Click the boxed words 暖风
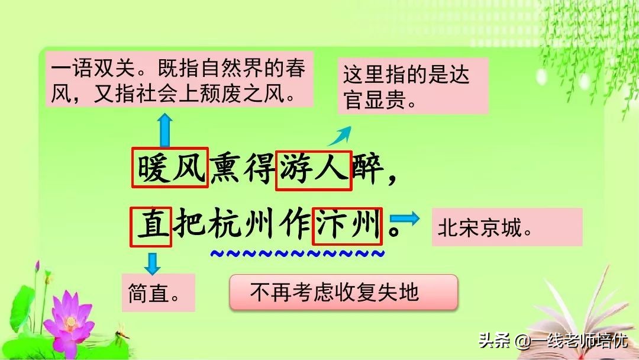pyautogui.click(x=170, y=168)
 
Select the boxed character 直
pyautogui.click(x=151, y=226)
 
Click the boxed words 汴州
pyautogui.click(x=347, y=226)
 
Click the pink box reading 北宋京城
pyautogui.click(x=507, y=227)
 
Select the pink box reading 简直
pyautogui.click(x=158, y=292)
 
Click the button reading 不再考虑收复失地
pyautogui.click(x=343, y=292)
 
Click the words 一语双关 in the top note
pyautogui.click(x=91, y=70)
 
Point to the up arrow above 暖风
pyautogui.click(x=164, y=130)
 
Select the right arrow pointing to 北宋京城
pyautogui.click(x=409, y=218)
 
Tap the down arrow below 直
pyautogui.click(x=153, y=262)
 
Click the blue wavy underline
pyautogui.click(x=298, y=254)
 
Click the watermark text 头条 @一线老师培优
pyautogui.click(x=553, y=341)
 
